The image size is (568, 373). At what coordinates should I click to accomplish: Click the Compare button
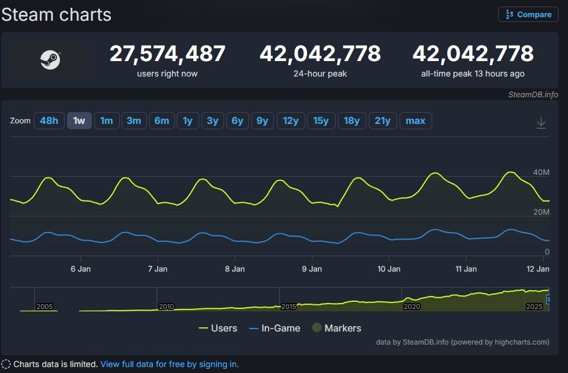click(x=528, y=14)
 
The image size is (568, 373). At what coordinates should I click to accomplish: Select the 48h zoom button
click(x=49, y=120)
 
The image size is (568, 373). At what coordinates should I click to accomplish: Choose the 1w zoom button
click(x=79, y=120)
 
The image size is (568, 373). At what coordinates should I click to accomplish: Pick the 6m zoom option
click(x=162, y=120)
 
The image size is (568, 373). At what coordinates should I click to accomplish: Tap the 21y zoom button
click(x=382, y=120)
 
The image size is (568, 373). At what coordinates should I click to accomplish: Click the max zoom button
click(x=416, y=120)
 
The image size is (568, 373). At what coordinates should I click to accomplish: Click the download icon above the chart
click(x=541, y=123)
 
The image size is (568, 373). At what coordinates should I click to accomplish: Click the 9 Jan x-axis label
click(x=312, y=269)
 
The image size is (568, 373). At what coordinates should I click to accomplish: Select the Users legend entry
click(x=218, y=328)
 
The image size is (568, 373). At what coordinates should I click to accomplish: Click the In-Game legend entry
click(x=275, y=328)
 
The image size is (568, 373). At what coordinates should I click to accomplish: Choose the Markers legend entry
click(x=336, y=328)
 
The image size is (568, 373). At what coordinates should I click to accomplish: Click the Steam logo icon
click(x=50, y=60)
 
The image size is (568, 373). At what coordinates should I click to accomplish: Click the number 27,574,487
click(x=167, y=54)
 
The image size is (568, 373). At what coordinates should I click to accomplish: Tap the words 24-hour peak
click(x=320, y=74)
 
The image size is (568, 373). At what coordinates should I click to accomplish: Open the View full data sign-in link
click(x=170, y=364)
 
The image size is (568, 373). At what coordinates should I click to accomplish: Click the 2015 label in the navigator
click(x=289, y=307)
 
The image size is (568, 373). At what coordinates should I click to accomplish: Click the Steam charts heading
click(x=56, y=14)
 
